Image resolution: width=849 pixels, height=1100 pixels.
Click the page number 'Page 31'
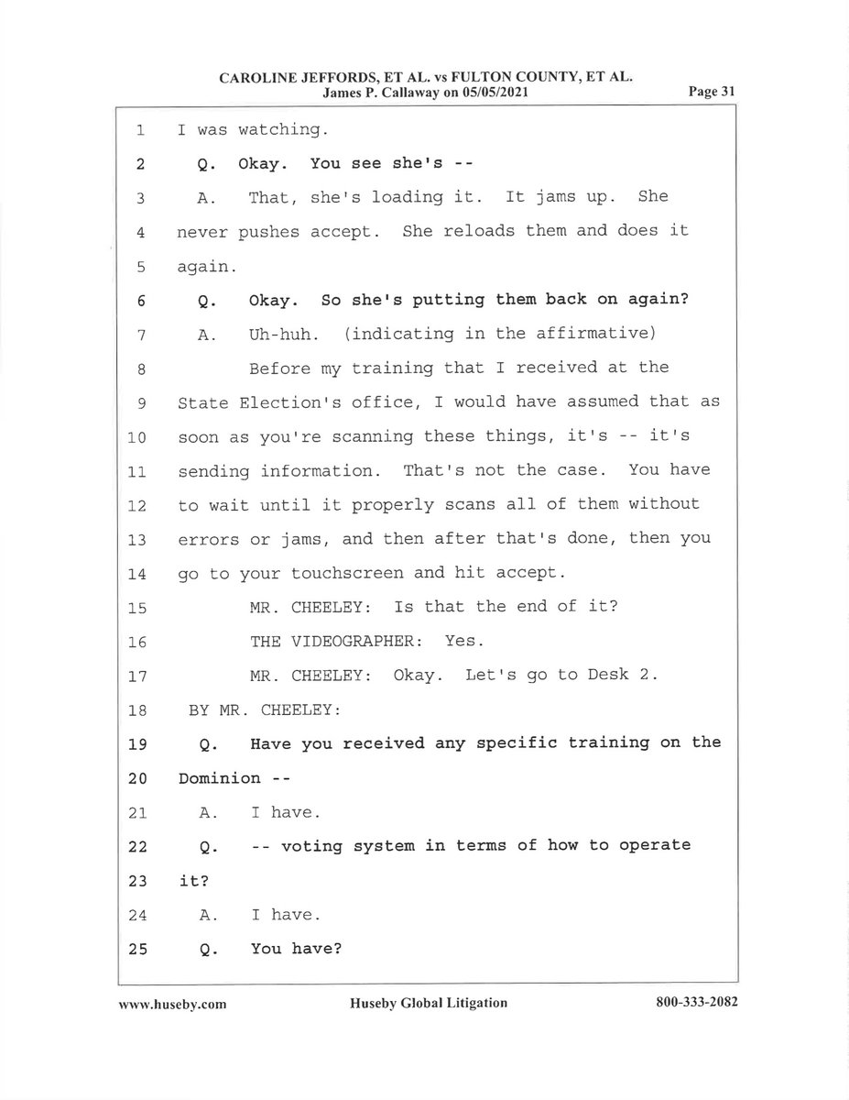tap(713, 93)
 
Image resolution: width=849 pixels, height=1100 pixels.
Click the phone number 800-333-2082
tap(696, 1003)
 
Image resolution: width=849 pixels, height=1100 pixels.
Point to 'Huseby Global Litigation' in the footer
tap(428, 1003)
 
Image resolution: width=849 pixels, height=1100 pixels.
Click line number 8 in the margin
tap(141, 369)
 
